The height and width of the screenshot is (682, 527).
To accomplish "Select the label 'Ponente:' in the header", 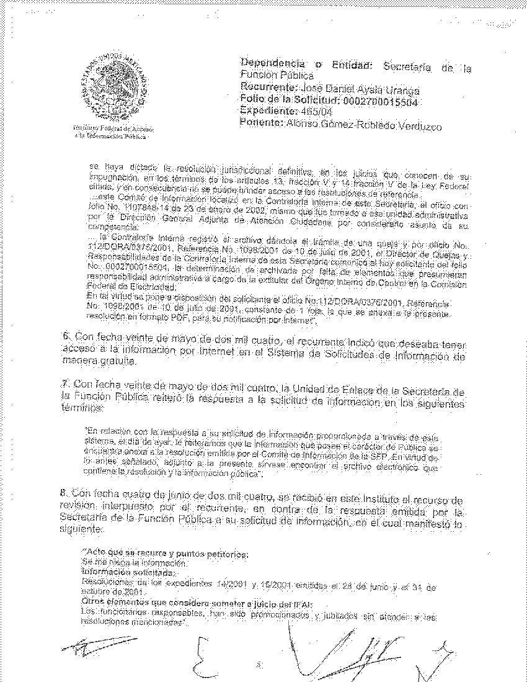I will pyautogui.click(x=258, y=123).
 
